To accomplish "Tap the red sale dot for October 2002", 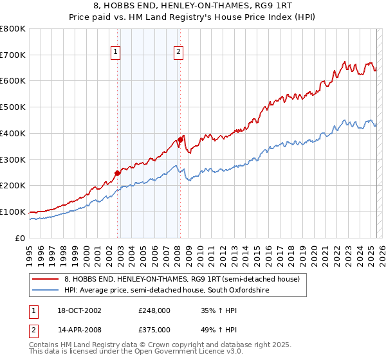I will (x=118, y=172).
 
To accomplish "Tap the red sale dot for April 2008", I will (x=181, y=139).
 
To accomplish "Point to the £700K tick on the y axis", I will (x=13, y=55).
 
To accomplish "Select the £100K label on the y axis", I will (x=13, y=212).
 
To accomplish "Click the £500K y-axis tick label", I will (x=13, y=107).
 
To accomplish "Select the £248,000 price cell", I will (x=154, y=310).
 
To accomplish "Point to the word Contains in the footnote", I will (x=45, y=345).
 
